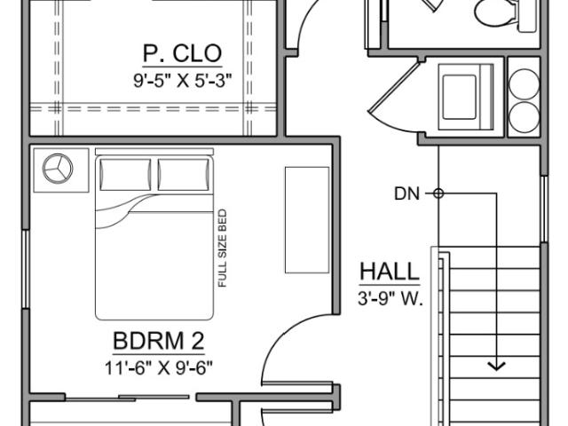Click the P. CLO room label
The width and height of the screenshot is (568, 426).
click(x=182, y=53)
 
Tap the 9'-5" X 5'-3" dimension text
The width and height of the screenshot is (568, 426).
click(x=182, y=81)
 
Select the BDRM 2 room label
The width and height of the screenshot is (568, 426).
click(x=159, y=341)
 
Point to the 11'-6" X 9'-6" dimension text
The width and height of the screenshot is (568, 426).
click(x=159, y=368)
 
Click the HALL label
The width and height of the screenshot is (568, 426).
click(x=390, y=272)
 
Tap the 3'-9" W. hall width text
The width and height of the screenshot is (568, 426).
click(x=390, y=299)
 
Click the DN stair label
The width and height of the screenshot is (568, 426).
click(x=406, y=193)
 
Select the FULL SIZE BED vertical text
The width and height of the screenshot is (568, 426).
click(x=223, y=248)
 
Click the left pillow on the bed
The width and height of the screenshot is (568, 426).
click(x=125, y=174)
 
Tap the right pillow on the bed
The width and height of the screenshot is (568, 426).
click(x=184, y=174)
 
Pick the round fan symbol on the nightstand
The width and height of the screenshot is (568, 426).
click(x=58, y=169)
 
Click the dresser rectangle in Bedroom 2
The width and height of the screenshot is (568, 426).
click(x=307, y=220)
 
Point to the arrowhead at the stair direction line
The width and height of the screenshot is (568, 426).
click(x=496, y=366)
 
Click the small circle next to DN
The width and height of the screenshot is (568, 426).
click(x=438, y=193)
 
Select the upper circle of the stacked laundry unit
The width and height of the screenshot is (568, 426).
click(x=524, y=84)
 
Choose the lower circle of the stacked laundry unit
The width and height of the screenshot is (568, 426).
click(x=524, y=117)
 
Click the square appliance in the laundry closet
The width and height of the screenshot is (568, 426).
click(x=465, y=97)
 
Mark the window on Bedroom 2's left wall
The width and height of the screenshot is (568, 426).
click(x=26, y=269)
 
